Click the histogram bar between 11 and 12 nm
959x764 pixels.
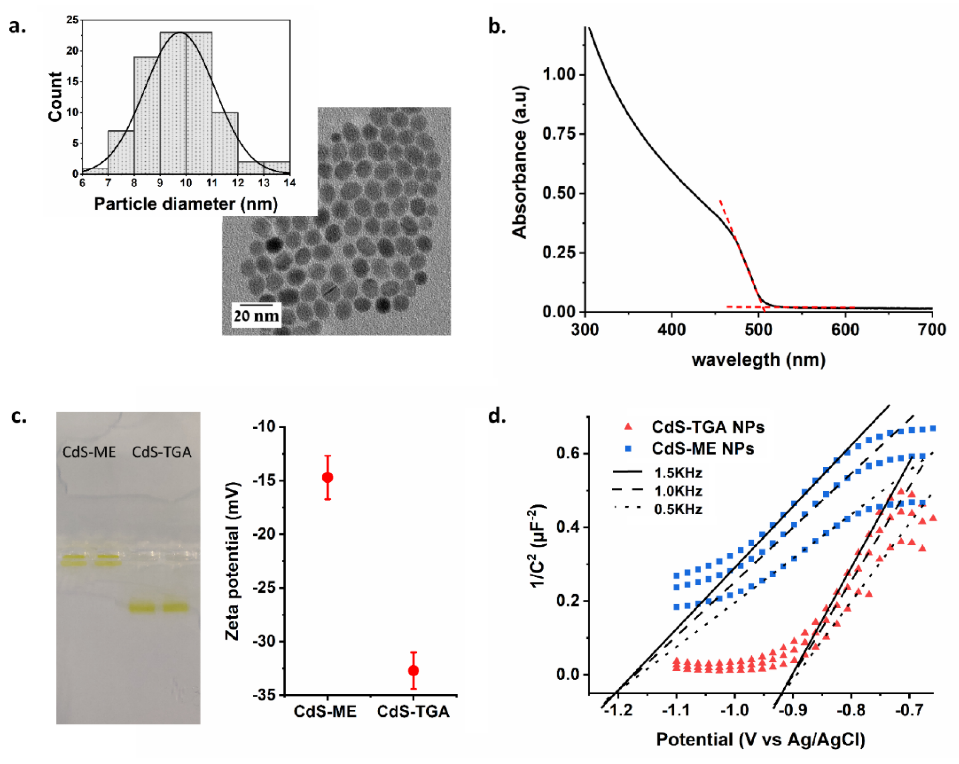pyautogui.click(x=225, y=143)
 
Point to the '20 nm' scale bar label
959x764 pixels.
pyautogui.click(x=256, y=316)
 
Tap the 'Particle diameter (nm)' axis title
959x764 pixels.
pyautogui.click(x=186, y=204)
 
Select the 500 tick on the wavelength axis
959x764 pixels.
pyautogui.click(x=758, y=330)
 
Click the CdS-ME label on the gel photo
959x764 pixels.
pyautogui.click(x=89, y=452)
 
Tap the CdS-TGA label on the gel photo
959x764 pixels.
pyautogui.click(x=161, y=452)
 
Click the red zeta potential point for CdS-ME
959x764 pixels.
pyautogui.click(x=327, y=478)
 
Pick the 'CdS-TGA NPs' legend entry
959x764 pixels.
pyautogui.click(x=707, y=427)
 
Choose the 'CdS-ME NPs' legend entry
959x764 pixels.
pyautogui.click(x=703, y=448)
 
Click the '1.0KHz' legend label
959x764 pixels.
pyautogui.click(x=678, y=491)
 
